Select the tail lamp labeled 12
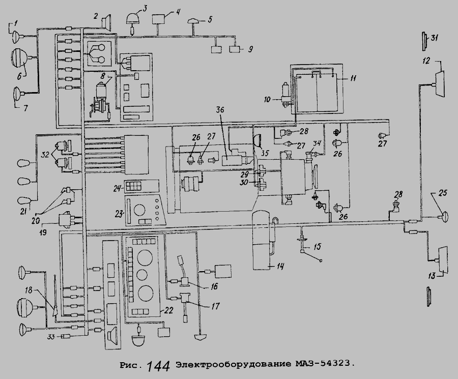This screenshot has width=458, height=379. pyautogui.click(x=440, y=81)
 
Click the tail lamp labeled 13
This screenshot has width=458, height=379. pyautogui.click(x=440, y=259)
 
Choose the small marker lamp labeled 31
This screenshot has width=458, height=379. pyautogui.click(x=424, y=39)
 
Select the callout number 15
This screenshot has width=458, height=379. pyautogui.click(x=317, y=247)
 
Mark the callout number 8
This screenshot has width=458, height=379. pyautogui.click(x=104, y=76)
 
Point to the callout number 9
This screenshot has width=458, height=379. pyautogui.click(x=250, y=49)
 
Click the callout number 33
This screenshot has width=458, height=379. pyautogui.click(x=50, y=337)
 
